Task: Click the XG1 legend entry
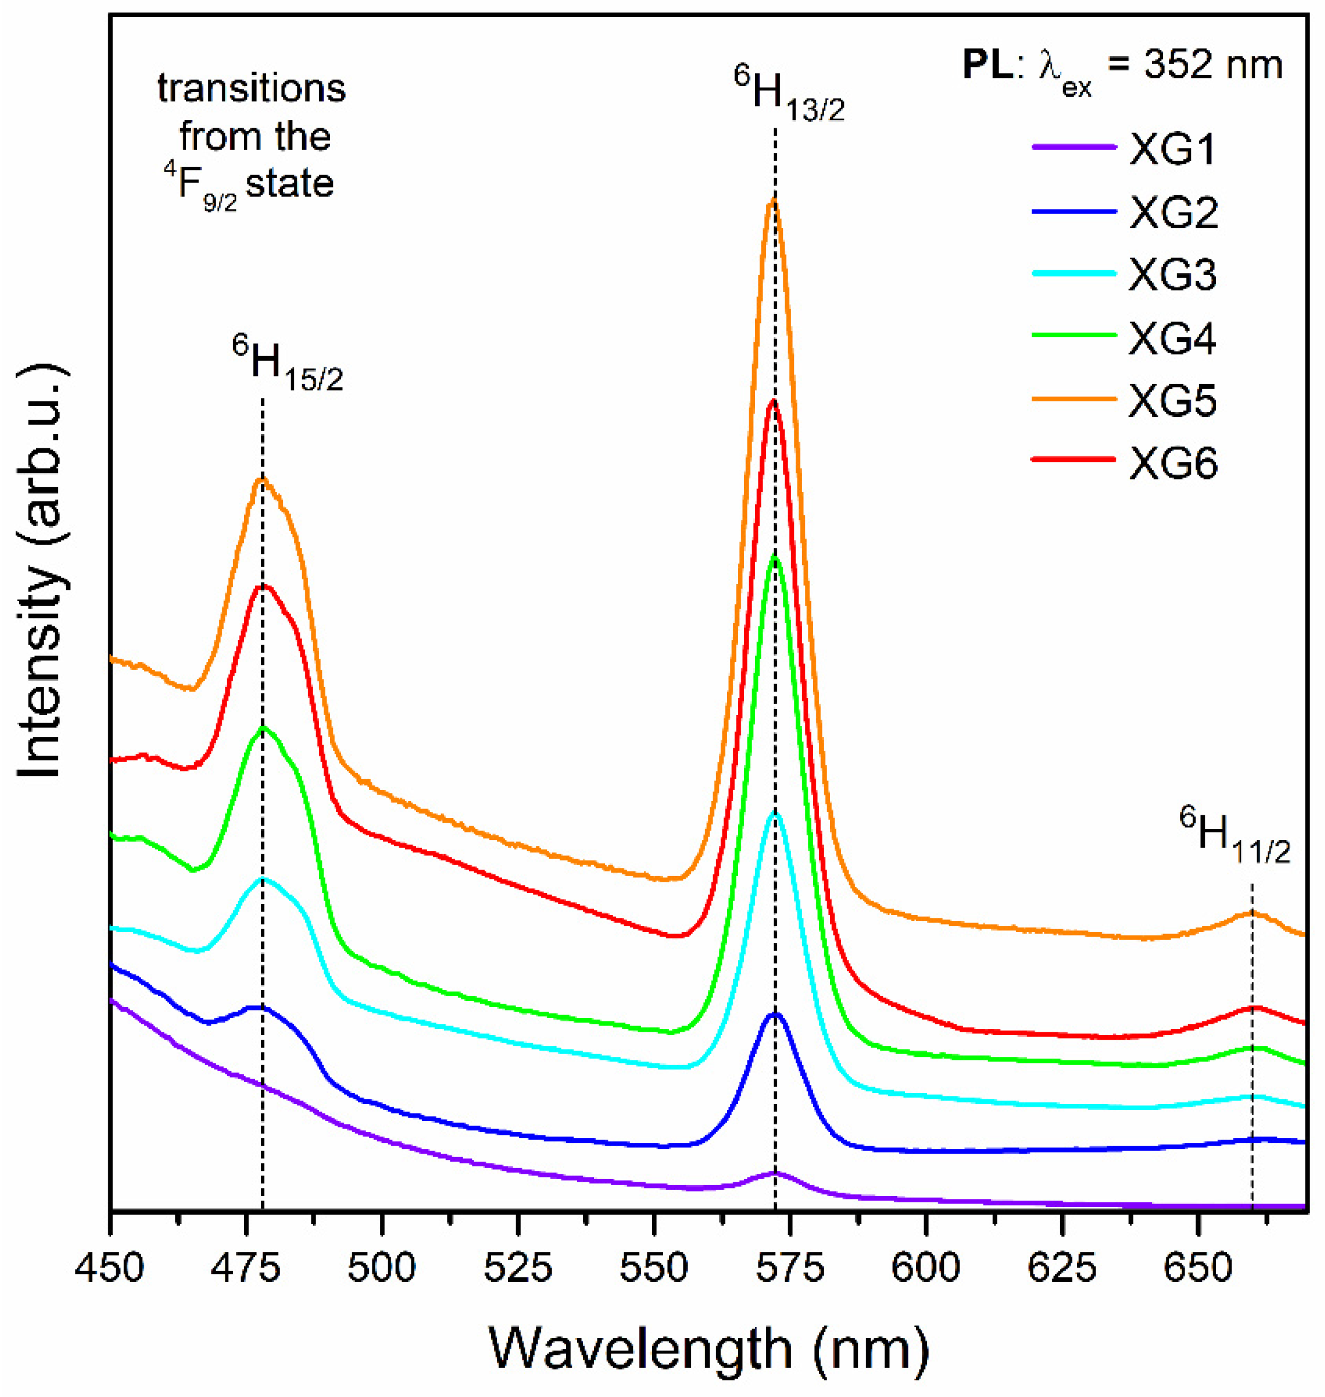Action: [x=1173, y=151]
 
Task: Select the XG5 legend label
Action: [x=1173, y=402]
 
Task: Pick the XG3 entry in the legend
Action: [x=1173, y=275]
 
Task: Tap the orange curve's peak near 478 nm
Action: [x=263, y=479]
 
